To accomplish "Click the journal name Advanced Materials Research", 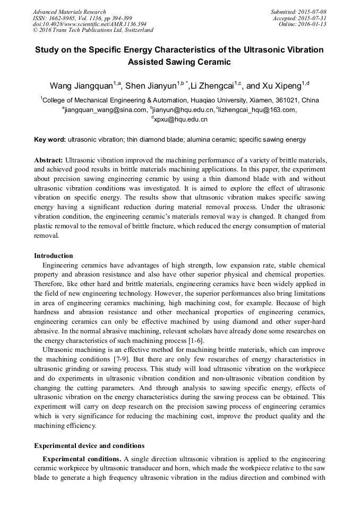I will click(x=70, y=12).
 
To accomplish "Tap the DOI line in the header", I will click(x=89, y=24).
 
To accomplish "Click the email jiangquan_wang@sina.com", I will click(x=106, y=110).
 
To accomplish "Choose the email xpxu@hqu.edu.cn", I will click(x=180, y=119).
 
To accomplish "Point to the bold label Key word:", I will click(x=50, y=140).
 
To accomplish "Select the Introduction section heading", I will click(x=54, y=256).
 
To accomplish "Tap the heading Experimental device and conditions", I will click(x=89, y=445).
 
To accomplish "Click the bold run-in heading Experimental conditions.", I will click(x=82, y=459).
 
